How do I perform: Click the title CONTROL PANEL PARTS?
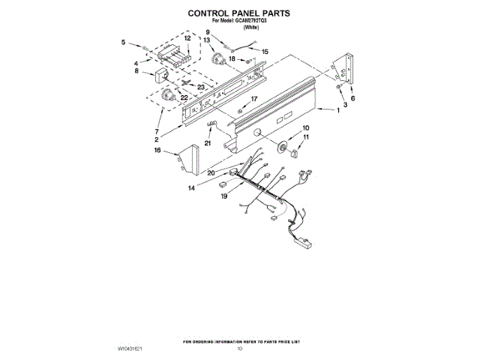click(x=238, y=13)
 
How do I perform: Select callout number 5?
click(x=124, y=43)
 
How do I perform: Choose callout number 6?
click(x=353, y=98)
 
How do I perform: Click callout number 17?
click(x=253, y=98)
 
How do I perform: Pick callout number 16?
click(x=158, y=151)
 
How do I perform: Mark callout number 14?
click(x=193, y=189)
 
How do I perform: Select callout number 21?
click(x=208, y=142)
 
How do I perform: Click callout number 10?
click(x=305, y=129)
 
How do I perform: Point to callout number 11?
click(x=305, y=138)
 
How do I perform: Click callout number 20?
click(x=212, y=173)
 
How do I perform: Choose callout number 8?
click(x=137, y=72)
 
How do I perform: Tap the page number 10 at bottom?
click(x=240, y=349)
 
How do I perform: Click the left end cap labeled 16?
click(x=187, y=158)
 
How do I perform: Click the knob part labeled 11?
click(x=292, y=152)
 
